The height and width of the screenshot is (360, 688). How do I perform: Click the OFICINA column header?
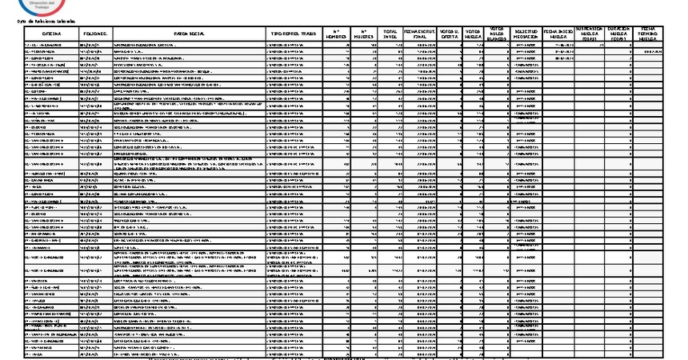click(x=53, y=34)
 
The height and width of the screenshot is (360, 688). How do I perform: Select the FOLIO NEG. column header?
click(x=96, y=34)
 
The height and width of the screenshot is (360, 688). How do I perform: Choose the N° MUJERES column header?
click(x=367, y=34)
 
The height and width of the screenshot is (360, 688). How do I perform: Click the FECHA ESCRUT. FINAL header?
click(x=421, y=34)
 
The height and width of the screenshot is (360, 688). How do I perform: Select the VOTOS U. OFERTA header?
click(x=450, y=34)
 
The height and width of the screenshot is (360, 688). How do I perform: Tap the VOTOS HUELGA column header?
click(x=473, y=34)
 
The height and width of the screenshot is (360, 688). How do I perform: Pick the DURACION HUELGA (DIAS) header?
click(x=621, y=34)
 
